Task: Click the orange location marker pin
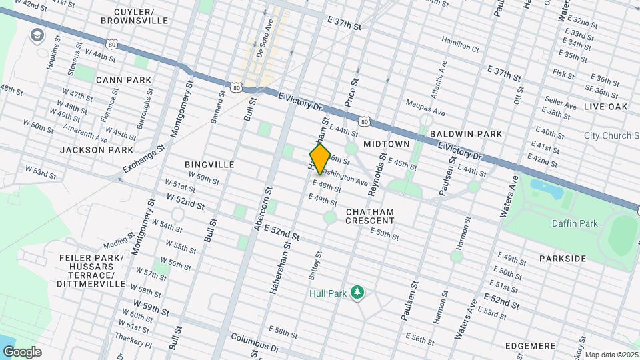(x=321, y=159)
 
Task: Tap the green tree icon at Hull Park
(x=358, y=292)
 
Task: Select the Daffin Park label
(x=575, y=223)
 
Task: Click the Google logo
(x=21, y=351)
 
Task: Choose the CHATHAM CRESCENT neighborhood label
(x=370, y=216)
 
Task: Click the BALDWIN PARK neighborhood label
(x=466, y=134)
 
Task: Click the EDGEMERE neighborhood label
(x=531, y=346)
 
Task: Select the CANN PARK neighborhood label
(x=123, y=80)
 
